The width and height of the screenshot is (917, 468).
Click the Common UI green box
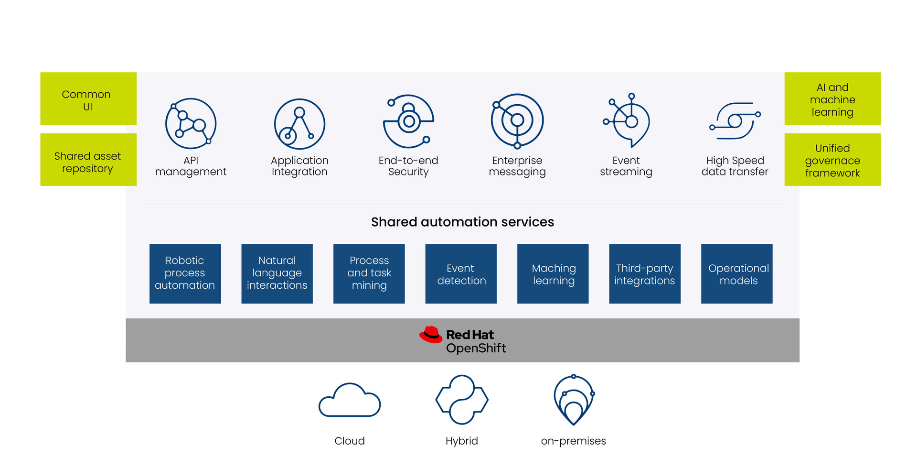click(88, 98)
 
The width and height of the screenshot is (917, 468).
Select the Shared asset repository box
click(88, 160)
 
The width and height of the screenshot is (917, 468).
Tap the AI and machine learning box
click(832, 98)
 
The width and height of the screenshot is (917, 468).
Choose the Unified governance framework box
click(832, 160)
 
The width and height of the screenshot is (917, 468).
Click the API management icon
click(191, 124)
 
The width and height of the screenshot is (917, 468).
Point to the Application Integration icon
click(299, 124)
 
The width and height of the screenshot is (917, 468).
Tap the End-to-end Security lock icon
click(408, 121)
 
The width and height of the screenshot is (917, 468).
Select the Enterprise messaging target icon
click(517, 121)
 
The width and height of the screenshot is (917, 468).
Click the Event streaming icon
click(627, 120)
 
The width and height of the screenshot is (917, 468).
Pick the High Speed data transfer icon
click(735, 121)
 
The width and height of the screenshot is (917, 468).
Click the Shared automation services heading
click(462, 222)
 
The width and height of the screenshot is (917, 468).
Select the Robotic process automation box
click(185, 273)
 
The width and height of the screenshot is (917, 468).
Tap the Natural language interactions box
click(277, 273)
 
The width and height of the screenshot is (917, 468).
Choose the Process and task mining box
click(369, 273)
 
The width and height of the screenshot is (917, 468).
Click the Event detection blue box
click(461, 273)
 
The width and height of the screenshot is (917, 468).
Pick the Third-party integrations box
click(645, 273)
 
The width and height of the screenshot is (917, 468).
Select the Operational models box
click(736, 273)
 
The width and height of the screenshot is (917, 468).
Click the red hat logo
click(431, 335)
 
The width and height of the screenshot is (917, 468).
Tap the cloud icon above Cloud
click(350, 400)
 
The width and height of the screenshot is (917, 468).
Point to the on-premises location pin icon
click(574, 400)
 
